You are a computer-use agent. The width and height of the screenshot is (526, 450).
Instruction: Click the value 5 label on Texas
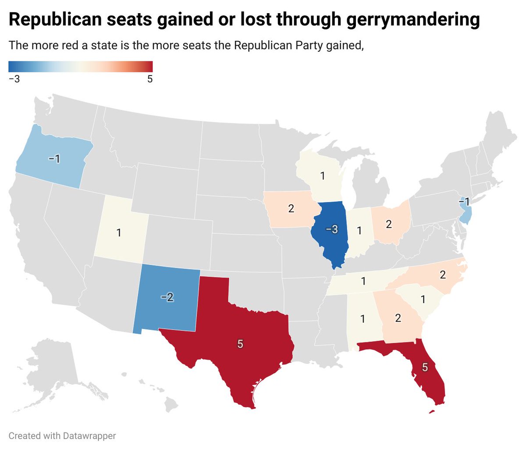[240, 344]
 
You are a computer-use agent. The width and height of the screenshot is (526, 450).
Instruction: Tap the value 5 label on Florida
[424, 368]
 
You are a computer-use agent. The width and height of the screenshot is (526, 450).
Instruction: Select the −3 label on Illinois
[331, 229]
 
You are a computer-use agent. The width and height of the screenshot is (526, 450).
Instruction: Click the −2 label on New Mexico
[167, 297]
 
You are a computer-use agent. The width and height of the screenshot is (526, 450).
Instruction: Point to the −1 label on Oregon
[54, 158]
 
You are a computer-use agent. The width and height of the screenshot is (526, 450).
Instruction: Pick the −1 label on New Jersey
[464, 202]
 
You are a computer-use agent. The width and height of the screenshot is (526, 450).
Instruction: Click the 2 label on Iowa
[291, 208]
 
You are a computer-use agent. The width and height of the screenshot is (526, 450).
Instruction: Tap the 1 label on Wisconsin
[323, 176]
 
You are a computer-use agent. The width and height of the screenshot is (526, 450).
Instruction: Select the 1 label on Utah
[119, 232]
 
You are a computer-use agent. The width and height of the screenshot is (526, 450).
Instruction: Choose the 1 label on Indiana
[359, 230]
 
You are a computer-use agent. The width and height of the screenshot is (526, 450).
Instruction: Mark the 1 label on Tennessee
[363, 281]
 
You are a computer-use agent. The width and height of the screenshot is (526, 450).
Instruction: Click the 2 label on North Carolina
[443, 275]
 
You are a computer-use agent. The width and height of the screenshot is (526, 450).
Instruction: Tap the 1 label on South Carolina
[423, 300]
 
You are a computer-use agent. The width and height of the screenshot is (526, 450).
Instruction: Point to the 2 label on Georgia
[398, 318]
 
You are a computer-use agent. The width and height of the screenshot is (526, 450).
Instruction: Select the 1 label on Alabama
[363, 318]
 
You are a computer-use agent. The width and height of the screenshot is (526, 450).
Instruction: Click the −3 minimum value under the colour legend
[14, 79]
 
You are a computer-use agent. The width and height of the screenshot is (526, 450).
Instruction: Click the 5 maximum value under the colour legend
[150, 79]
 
